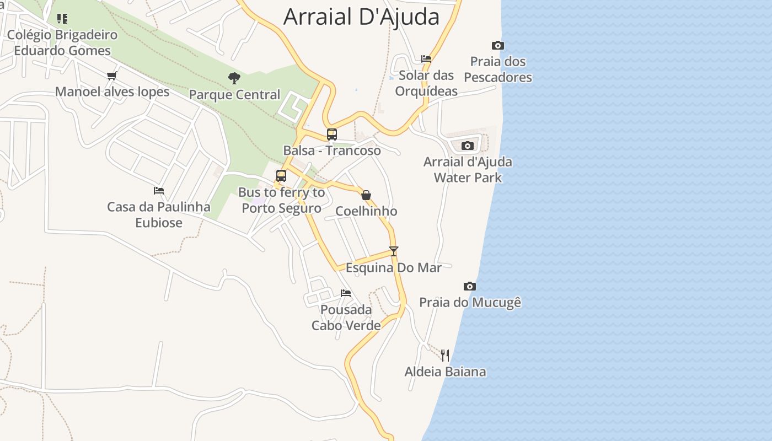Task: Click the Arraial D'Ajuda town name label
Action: pyautogui.click(x=361, y=17)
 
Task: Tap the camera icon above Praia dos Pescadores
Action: pyautogui.click(x=497, y=45)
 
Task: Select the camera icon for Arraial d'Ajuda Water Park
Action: pyautogui.click(x=467, y=146)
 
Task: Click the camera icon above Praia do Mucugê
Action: pyautogui.click(x=469, y=286)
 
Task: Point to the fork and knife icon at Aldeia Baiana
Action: pyautogui.click(x=445, y=355)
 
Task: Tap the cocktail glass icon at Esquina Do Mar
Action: pyautogui.click(x=393, y=251)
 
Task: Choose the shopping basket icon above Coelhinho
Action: pyautogui.click(x=366, y=195)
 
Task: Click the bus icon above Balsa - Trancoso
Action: pyautogui.click(x=331, y=134)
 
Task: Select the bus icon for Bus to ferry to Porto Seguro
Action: pyautogui.click(x=281, y=176)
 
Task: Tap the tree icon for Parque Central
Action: pyautogui.click(x=234, y=78)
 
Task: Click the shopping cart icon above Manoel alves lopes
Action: pyautogui.click(x=112, y=76)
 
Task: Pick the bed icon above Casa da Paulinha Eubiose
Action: pyautogui.click(x=159, y=191)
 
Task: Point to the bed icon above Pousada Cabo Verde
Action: pyautogui.click(x=346, y=293)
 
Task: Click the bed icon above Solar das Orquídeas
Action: pyautogui.click(x=426, y=59)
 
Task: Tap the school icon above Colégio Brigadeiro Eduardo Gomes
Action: pyautogui.click(x=62, y=19)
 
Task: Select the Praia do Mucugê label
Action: pyautogui.click(x=470, y=302)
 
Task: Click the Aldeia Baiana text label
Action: pyautogui.click(x=445, y=372)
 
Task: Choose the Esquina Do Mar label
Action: pyautogui.click(x=393, y=268)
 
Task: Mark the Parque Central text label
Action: pyautogui.click(x=234, y=95)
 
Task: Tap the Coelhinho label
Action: pyautogui.click(x=366, y=211)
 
